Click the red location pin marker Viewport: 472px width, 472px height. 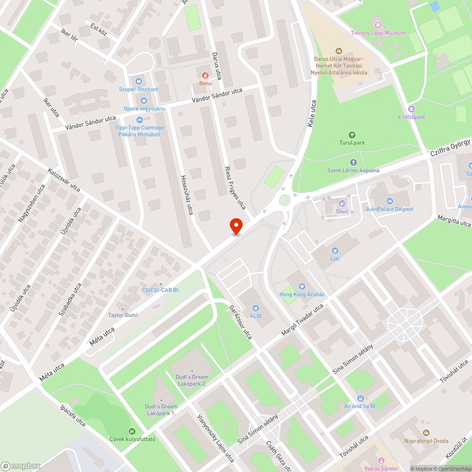[x=236, y=226]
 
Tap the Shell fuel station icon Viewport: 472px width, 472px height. [x=341, y=203]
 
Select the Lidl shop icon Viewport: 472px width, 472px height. [x=335, y=251]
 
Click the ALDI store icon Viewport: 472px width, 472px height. [x=255, y=308]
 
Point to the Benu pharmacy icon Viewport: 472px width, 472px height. [x=205, y=75]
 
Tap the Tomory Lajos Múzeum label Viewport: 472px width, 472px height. [x=378, y=33]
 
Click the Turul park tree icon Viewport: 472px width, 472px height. [x=352, y=135]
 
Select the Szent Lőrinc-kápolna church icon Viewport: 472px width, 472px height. [x=354, y=162]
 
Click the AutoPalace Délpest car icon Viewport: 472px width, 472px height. [x=389, y=201]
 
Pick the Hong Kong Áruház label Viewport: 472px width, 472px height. [x=302, y=294]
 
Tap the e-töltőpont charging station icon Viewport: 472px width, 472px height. [x=411, y=109]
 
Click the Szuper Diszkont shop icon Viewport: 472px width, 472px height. [x=138, y=81]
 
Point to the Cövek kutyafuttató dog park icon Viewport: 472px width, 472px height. [x=132, y=431]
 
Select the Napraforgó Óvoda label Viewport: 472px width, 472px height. [x=426, y=441]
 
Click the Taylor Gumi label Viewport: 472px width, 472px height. [x=123, y=315]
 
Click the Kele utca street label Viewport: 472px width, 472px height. [x=311, y=117]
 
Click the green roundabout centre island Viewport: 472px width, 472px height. [x=284, y=200]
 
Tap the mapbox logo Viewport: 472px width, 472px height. [x=21, y=466]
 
